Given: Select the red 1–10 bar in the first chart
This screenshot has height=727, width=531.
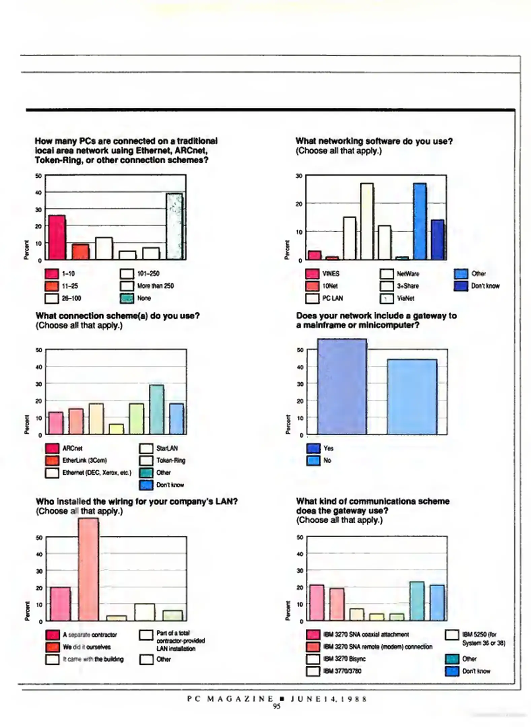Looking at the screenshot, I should click(57, 237).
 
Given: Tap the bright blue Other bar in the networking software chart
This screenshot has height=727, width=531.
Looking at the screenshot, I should click(420, 221).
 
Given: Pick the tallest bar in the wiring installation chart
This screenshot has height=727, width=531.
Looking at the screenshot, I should click(89, 569).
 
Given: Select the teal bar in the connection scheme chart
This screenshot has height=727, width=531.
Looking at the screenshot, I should click(157, 409).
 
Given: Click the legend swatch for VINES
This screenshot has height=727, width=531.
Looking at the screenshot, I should click(312, 274).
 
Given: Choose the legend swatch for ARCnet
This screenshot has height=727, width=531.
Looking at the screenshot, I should click(52, 448).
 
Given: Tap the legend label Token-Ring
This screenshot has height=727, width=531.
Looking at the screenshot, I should click(171, 460).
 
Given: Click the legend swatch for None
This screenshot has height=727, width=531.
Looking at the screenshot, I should click(127, 298).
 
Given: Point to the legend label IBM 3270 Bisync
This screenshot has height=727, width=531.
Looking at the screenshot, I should click(344, 659).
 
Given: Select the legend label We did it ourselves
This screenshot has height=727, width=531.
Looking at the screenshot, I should click(87, 647).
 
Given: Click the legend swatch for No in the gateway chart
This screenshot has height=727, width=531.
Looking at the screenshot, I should click(313, 460).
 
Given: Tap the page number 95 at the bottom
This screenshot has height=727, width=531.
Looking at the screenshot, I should click(276, 706).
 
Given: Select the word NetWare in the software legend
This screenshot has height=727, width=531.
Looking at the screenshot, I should click(408, 274).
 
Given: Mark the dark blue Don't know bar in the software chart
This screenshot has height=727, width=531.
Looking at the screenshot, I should click(437, 239).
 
